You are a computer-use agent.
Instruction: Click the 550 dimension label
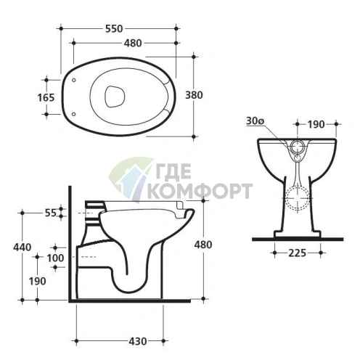click(114, 29)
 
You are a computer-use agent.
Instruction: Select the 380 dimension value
click(194, 95)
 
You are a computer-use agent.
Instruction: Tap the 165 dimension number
click(46, 98)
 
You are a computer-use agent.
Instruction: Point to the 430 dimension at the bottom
click(138, 341)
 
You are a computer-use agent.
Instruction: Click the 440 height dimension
click(22, 247)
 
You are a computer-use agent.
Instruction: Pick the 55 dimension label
click(51, 213)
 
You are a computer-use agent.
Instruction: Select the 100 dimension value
click(55, 258)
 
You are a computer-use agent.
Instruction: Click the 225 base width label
click(298, 253)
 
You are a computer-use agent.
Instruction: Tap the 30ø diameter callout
click(255, 121)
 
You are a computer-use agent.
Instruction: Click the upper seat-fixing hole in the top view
click(74, 80)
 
